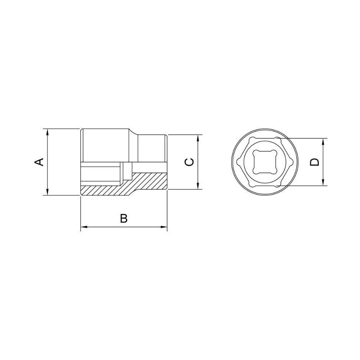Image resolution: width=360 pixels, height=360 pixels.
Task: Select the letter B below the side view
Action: (x=123, y=218)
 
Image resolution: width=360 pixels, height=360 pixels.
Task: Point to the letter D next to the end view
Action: (x=315, y=162)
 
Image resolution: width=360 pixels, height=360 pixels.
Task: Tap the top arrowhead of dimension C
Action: (x=198, y=138)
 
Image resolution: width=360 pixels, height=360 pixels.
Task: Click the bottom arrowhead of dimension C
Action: (x=198, y=186)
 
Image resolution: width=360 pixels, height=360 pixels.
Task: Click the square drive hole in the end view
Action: (x=265, y=162)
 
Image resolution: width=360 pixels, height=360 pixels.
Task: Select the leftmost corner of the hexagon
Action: (x=238, y=162)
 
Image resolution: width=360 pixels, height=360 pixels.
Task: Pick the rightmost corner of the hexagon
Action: (x=292, y=162)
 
